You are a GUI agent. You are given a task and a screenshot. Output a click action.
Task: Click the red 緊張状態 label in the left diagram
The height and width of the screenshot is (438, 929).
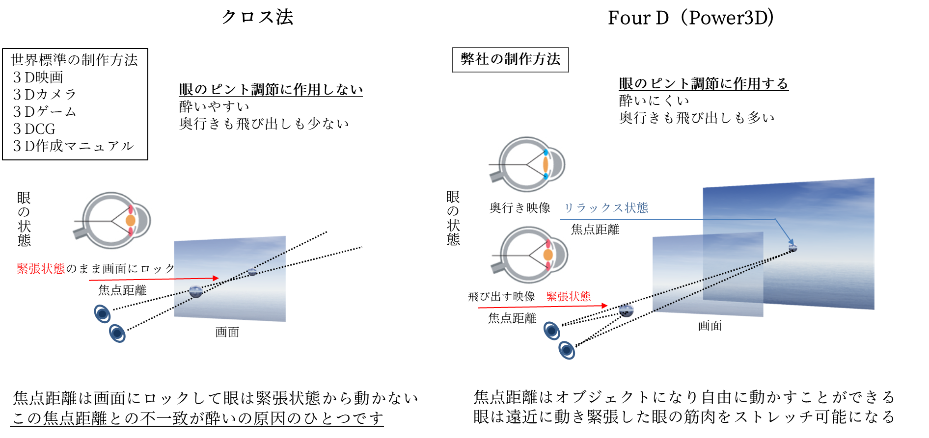point(41,269)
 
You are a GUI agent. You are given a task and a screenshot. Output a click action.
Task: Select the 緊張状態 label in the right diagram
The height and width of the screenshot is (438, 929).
point(569,297)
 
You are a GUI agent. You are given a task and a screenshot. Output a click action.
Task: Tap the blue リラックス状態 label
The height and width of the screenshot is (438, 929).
point(606,208)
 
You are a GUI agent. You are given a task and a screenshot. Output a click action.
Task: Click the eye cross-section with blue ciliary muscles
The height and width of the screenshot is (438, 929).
point(530,164)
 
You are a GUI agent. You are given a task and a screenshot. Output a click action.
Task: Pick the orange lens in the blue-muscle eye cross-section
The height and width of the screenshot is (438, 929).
point(546,164)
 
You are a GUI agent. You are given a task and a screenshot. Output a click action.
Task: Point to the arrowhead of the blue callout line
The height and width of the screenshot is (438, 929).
point(791,241)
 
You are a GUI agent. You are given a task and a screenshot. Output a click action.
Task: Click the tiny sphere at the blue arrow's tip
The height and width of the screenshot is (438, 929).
point(792,248)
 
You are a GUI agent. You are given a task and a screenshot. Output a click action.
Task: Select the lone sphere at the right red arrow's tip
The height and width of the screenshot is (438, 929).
point(626,310)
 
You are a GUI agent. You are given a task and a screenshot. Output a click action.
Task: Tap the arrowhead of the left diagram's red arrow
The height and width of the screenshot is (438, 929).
point(216,278)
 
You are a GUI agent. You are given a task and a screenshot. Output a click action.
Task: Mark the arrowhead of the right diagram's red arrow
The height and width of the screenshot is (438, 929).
point(605,306)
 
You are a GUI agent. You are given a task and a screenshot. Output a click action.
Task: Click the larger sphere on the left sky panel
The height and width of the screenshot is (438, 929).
point(195,291)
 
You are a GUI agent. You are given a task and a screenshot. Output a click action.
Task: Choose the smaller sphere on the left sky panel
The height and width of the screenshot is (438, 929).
point(252,271)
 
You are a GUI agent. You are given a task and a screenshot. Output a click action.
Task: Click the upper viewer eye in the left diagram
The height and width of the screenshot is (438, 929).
point(102,314)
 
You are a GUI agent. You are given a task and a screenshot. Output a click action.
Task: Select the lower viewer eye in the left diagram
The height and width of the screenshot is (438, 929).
point(117,334)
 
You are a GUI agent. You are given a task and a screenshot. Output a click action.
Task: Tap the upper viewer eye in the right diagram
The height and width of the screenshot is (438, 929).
point(551,331)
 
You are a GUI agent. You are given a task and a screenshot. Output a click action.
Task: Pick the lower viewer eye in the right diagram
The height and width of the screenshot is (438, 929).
point(567,350)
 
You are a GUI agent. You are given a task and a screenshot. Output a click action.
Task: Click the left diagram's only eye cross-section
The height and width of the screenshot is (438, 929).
point(112,222)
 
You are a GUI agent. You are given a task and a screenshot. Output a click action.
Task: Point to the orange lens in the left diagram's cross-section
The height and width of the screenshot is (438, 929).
point(130,221)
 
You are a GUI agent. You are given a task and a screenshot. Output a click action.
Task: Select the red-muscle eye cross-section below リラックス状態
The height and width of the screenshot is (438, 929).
point(530,257)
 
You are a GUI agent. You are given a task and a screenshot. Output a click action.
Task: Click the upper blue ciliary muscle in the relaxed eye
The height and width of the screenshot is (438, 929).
point(546,153)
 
